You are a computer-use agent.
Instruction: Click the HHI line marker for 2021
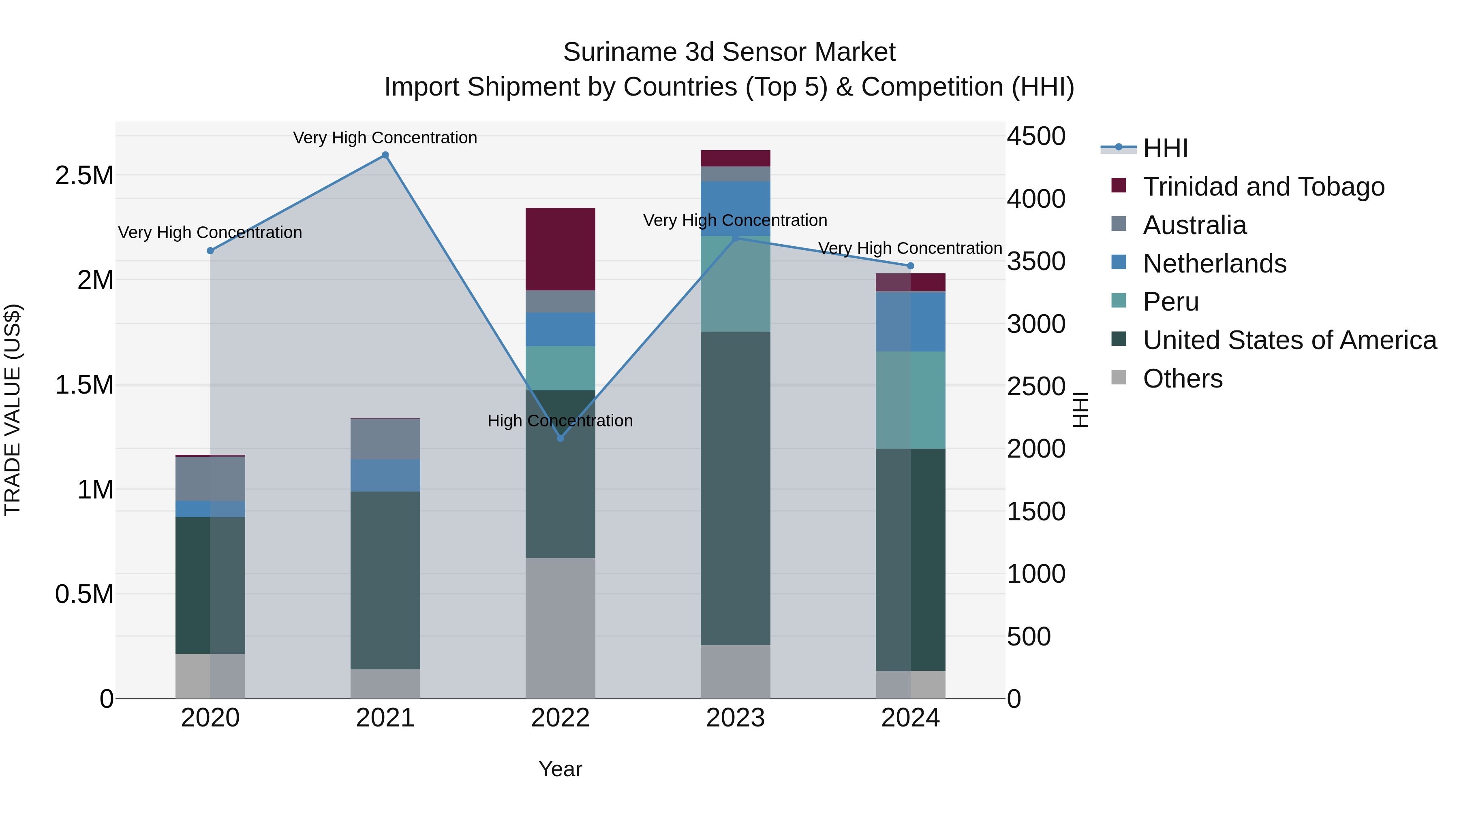pos(385,155)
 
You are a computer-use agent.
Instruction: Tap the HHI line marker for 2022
pos(560,438)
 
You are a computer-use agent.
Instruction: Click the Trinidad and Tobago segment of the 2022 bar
pos(560,249)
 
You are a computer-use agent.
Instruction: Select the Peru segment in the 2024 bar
pos(910,400)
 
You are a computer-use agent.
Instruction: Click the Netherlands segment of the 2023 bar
pos(735,208)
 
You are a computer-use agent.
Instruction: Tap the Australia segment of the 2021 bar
pos(385,439)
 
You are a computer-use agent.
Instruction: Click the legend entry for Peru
pos(1170,302)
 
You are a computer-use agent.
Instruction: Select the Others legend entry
pos(1182,379)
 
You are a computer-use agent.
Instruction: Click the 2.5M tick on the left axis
pos(84,175)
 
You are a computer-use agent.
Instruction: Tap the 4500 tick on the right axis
pos(1036,136)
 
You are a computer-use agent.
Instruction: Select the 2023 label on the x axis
pos(735,718)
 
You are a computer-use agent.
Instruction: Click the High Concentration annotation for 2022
pos(560,420)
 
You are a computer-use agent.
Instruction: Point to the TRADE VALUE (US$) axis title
pos(13,410)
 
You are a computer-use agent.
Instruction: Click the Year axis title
pos(560,769)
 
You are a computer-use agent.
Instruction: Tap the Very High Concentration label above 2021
pos(385,138)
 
